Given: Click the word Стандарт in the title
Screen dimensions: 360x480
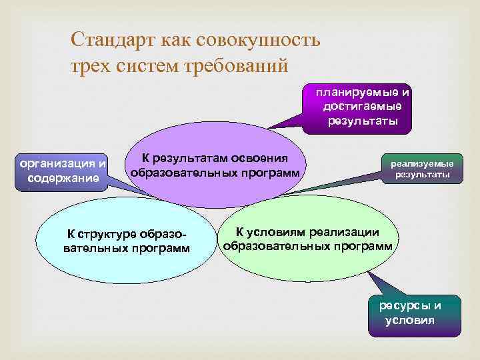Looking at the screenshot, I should click(115, 41).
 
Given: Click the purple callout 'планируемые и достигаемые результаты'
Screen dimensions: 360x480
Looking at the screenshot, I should click(363, 106).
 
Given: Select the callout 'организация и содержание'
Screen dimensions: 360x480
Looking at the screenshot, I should click(63, 170).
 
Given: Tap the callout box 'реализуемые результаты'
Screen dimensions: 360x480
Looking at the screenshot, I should click(421, 169).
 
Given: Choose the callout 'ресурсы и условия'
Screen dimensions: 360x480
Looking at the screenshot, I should click(414, 313).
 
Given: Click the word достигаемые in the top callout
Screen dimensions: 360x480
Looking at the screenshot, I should click(363, 106).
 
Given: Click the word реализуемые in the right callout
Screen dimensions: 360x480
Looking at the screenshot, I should click(422, 163).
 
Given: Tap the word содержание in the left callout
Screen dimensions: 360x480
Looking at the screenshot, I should click(64, 178).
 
